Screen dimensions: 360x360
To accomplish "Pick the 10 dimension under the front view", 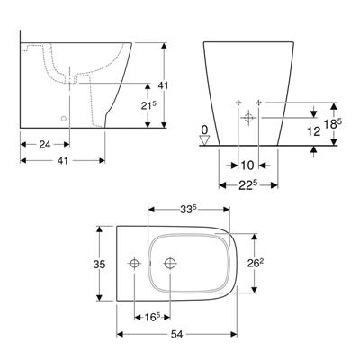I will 247,165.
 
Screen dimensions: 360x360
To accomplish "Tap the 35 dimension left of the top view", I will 101,265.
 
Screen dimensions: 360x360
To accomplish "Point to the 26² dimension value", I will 257,264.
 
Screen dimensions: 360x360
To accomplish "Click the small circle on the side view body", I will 63,119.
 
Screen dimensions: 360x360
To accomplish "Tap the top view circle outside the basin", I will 133,265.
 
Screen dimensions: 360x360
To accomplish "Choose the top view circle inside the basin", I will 169,265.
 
